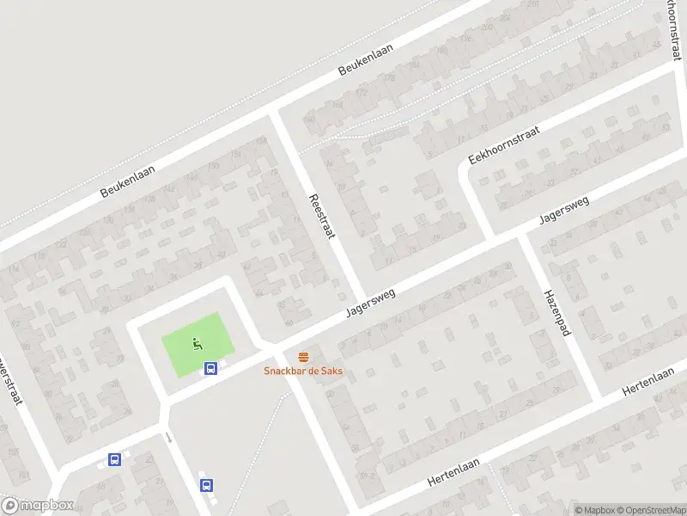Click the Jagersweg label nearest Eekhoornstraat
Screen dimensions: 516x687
pos(564,210)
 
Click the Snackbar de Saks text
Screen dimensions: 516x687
pos(301,371)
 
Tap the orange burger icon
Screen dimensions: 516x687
pos(302,356)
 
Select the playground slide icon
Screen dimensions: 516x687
pos(198,345)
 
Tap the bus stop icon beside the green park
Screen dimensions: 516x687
pos(210,369)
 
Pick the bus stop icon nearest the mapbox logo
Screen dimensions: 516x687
pos(114,459)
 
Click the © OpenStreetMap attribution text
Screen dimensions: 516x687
pos(653,510)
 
